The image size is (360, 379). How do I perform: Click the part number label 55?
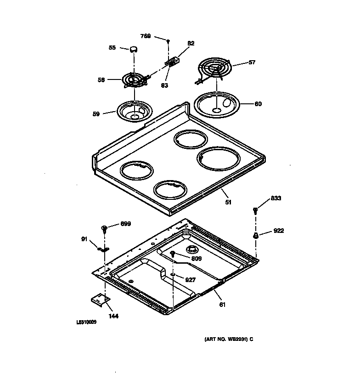click(x=112, y=47)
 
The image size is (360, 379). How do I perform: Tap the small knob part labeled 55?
click(x=134, y=48)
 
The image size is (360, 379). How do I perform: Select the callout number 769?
click(x=145, y=36)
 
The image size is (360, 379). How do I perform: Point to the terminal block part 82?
click(x=173, y=61)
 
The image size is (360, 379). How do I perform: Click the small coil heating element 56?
click(x=134, y=80)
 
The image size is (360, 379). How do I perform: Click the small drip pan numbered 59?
click(x=134, y=112)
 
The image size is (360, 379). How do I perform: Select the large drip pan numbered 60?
click(x=218, y=104)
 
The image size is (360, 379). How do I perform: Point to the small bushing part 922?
click(x=255, y=235)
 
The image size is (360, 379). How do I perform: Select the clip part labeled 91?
click(x=102, y=249)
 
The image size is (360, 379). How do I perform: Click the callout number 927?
click(x=190, y=279)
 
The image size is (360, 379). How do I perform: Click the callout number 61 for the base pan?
click(x=222, y=304)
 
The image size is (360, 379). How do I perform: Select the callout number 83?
click(x=164, y=85)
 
